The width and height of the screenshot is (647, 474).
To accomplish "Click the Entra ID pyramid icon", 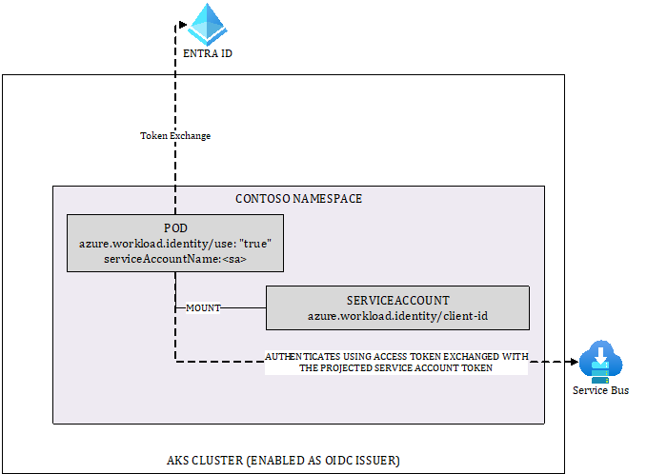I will click(x=207, y=24).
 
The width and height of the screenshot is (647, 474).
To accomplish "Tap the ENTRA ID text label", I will click(x=207, y=54).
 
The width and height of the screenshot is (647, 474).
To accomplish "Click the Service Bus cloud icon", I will click(x=600, y=363).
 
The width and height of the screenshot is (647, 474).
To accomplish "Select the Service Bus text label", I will click(x=600, y=390).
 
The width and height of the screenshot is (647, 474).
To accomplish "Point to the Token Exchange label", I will click(x=175, y=136).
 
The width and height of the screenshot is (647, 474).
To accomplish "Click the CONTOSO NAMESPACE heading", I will click(x=298, y=199).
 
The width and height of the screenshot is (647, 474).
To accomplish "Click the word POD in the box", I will click(x=175, y=228).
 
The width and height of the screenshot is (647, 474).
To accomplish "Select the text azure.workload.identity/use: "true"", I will click(x=175, y=244).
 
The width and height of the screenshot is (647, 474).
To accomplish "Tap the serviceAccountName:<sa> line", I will click(x=175, y=258).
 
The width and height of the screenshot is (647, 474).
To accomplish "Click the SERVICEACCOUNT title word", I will click(x=396, y=299).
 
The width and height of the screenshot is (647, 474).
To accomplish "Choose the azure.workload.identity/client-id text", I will click(x=396, y=314).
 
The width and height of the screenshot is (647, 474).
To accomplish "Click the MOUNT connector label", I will click(x=202, y=308).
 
